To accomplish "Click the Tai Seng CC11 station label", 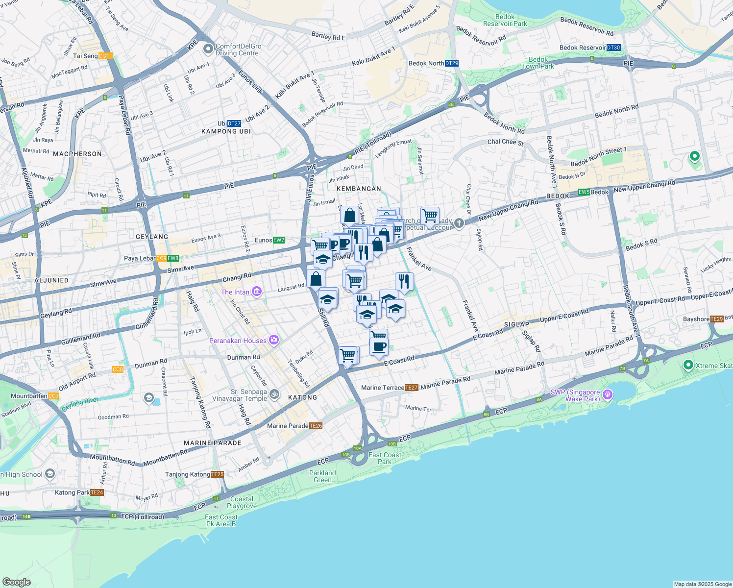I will coord(93,56).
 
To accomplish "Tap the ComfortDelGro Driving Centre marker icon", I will coord(208,49).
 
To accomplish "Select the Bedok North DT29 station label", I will coord(433,63).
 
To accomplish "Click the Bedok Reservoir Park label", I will coord(505,20).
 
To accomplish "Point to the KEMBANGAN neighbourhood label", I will coord(359,189).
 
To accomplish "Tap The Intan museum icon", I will coord(257,292).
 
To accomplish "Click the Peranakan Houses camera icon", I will coord(274,340).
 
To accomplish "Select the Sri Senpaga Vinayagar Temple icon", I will coord(275,394).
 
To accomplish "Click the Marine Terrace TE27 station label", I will coord(390,388).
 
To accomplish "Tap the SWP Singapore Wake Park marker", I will coord(608,394).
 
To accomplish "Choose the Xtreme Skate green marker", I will coord(688,365).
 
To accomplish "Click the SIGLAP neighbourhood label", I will coord(516,324).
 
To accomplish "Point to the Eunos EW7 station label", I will coord(269,240).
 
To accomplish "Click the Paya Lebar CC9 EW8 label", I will coord(151,258).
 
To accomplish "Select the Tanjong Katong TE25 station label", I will coord(194,474).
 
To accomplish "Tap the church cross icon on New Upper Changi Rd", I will coord(459,223).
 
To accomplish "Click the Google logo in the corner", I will coord(16,582).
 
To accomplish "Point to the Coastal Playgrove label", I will coord(242,502).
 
